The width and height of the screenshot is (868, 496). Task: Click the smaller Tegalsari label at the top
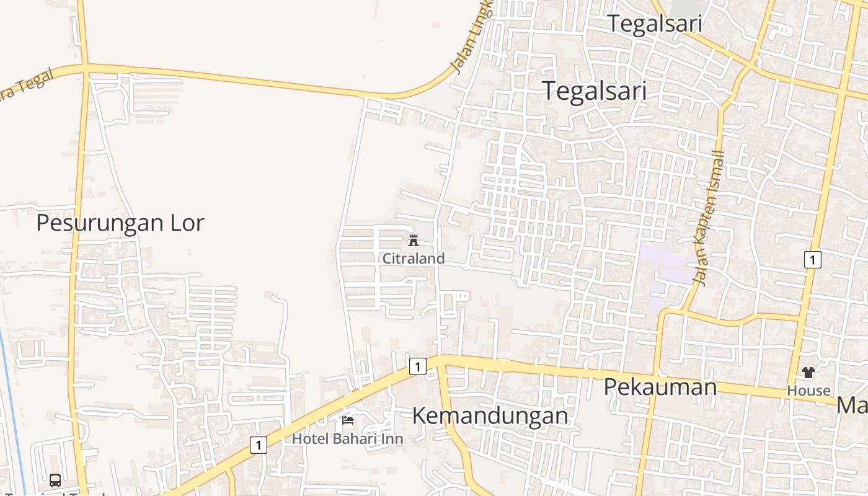coord(654,24)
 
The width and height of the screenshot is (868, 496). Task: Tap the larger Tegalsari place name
coord(595,91)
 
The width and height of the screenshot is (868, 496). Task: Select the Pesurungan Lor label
coord(120,223)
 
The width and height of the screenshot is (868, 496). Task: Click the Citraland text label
coord(414,259)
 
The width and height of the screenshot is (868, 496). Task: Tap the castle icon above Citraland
coord(414,241)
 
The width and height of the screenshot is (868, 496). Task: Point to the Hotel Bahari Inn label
coord(347,438)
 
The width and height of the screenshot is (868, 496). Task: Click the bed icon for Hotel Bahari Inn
coord(348,420)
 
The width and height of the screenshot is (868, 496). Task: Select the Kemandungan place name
coord(490,415)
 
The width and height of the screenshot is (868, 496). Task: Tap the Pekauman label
coord(660,387)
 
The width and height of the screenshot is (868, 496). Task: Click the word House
coord(808,391)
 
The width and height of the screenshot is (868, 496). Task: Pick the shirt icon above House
coord(808,373)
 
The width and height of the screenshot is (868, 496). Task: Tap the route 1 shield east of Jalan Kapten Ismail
coord(812,260)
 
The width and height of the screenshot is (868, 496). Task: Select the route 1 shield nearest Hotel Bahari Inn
coord(259,445)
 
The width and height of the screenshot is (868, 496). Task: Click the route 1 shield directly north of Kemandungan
coord(418,366)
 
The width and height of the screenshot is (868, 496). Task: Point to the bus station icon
coord(55,480)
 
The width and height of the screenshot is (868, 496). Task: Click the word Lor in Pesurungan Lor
coord(185,223)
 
